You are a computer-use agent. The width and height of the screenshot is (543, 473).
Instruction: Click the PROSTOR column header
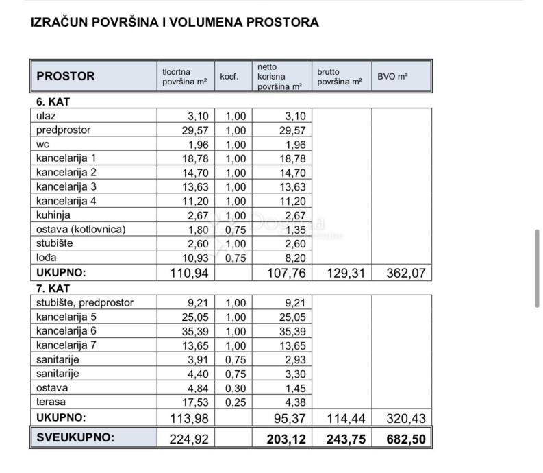[x=66, y=76]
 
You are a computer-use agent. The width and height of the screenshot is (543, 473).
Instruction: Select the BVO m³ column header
[x=392, y=77]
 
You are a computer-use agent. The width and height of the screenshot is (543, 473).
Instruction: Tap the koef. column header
[x=229, y=77]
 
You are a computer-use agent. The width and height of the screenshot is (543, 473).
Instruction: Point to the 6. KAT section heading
[x=53, y=101]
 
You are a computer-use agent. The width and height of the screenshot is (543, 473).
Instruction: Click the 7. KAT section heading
[x=53, y=289]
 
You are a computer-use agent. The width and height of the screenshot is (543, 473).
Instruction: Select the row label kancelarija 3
[x=66, y=186]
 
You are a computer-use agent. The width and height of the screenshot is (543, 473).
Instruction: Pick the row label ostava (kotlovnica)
[x=81, y=229]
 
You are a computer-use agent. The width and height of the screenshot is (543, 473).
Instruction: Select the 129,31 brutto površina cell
[x=344, y=274]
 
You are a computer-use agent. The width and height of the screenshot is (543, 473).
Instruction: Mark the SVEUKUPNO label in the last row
[x=75, y=438]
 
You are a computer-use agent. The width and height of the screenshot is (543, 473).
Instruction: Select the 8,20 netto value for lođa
[x=294, y=258]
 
